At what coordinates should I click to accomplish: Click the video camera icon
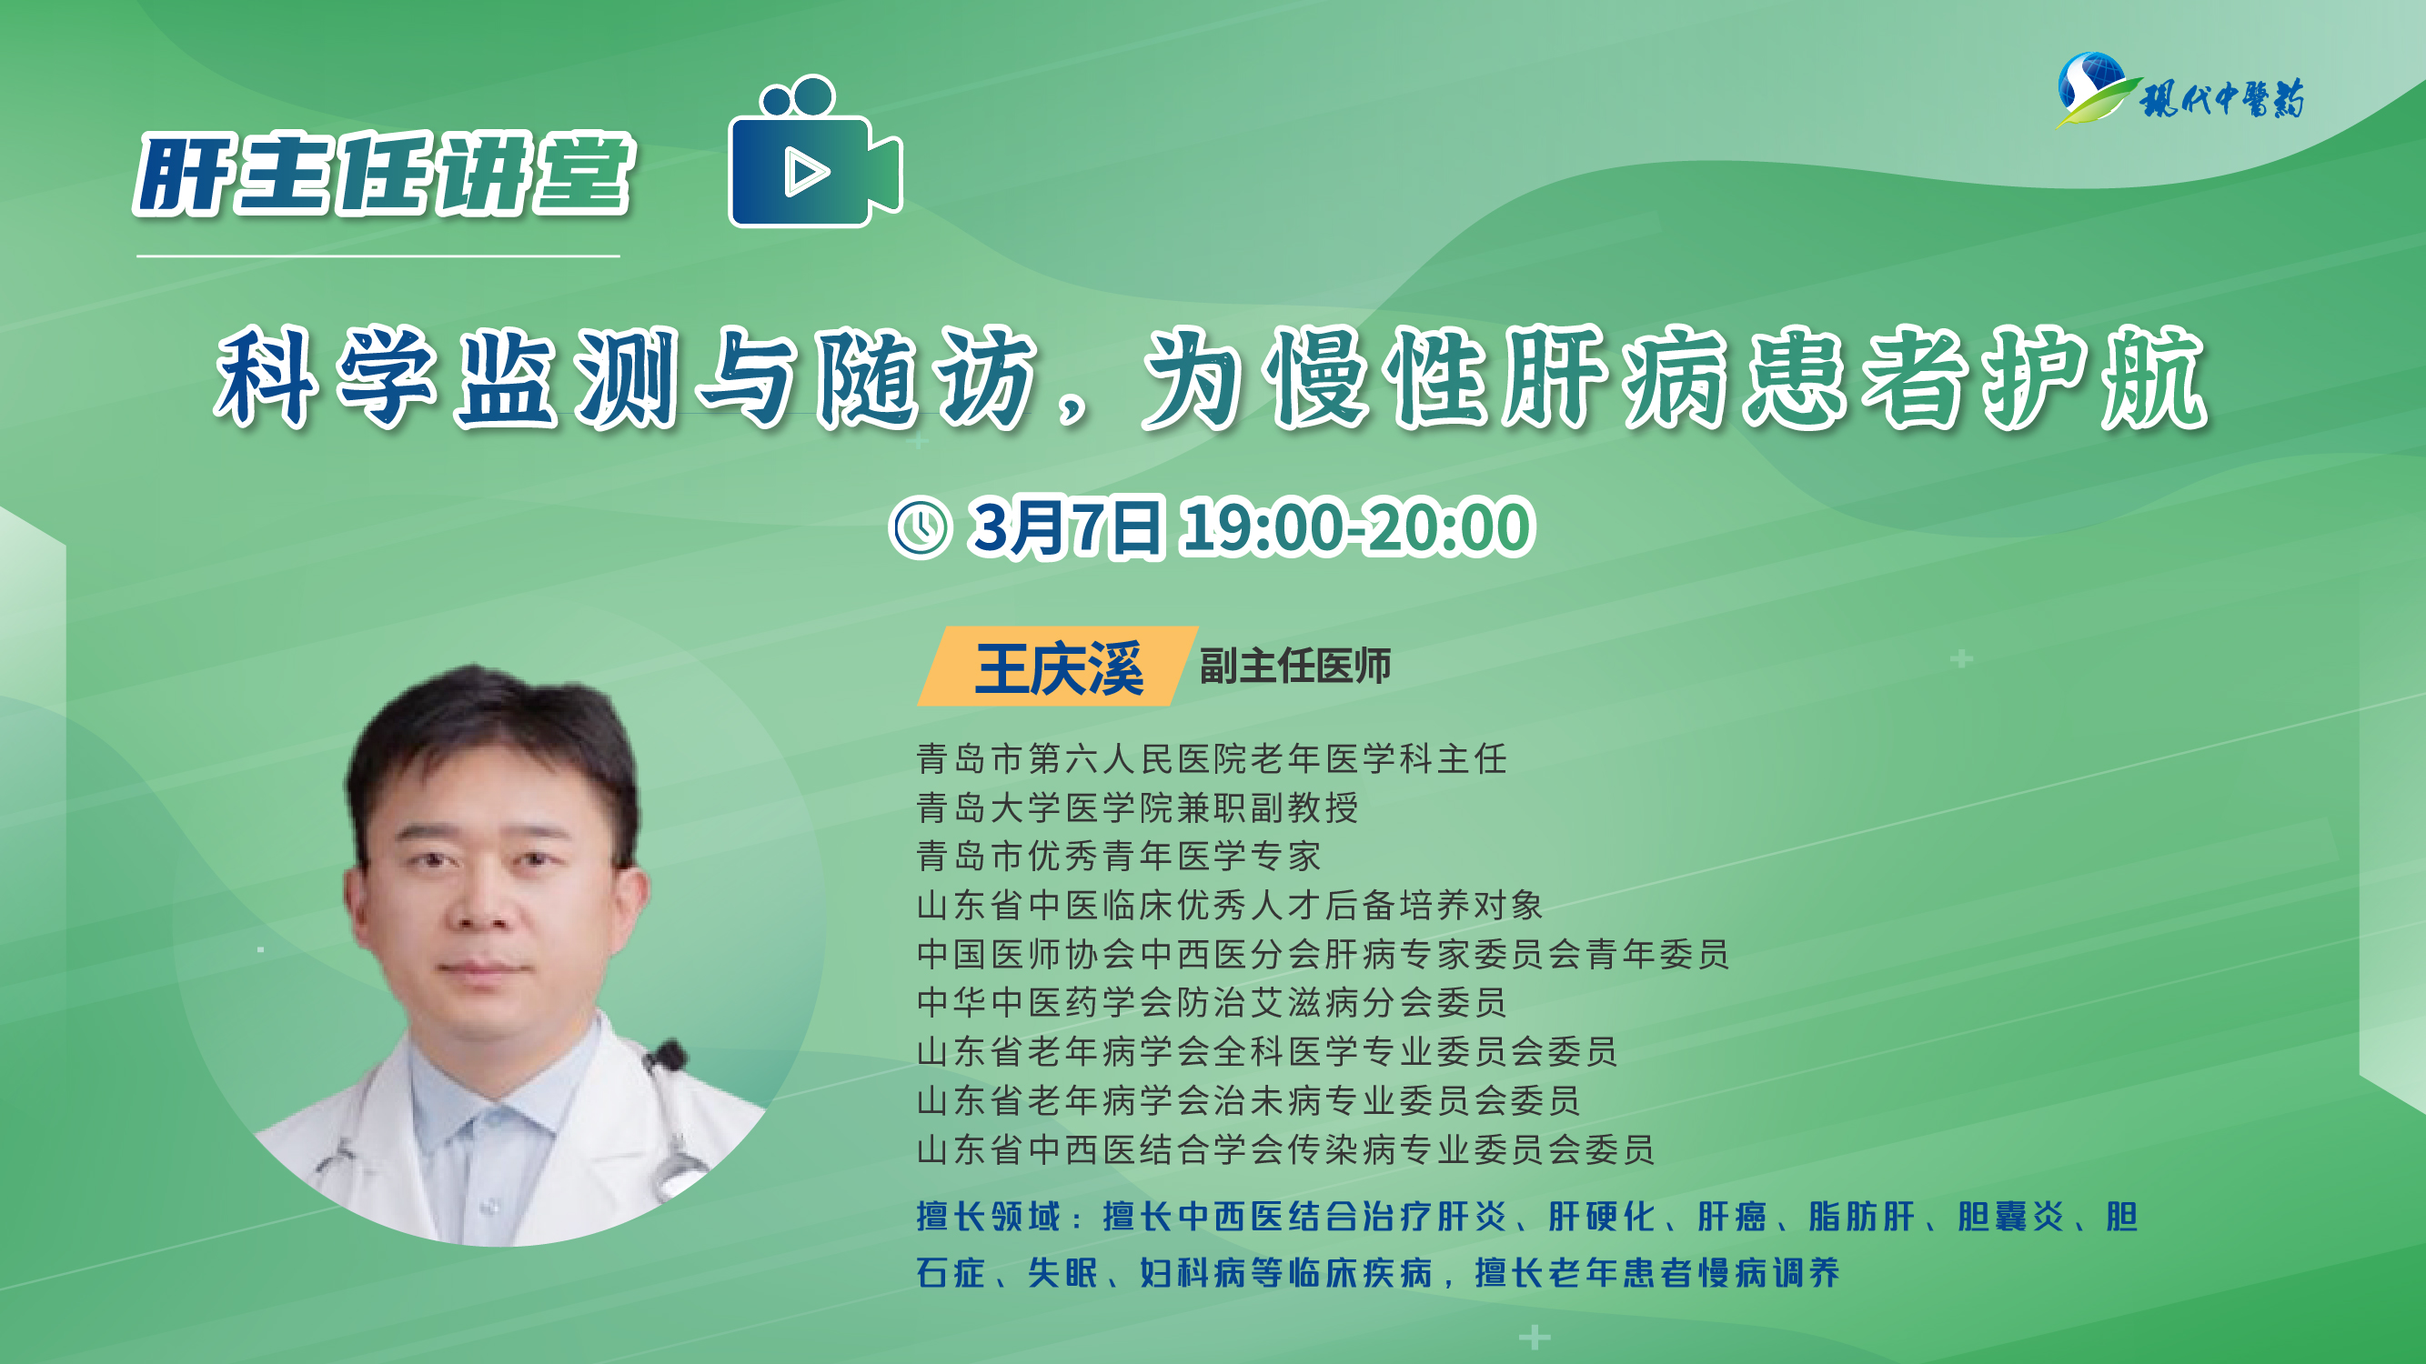(x=816, y=152)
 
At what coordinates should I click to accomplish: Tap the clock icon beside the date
(x=921, y=527)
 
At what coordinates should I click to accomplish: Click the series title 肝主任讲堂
(x=384, y=175)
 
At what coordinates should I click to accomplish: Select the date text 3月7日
(x=1066, y=527)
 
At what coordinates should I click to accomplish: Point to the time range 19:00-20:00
(x=1357, y=527)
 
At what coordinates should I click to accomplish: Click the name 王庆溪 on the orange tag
(x=1059, y=668)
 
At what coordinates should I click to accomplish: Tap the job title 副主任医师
(x=1295, y=667)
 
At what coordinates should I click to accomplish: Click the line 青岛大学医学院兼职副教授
(x=1137, y=807)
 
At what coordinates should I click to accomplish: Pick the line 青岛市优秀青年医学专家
(x=1119, y=856)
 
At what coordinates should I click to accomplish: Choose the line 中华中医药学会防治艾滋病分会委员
(x=1211, y=1002)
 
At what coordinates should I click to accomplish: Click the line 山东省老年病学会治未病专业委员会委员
(x=1248, y=1100)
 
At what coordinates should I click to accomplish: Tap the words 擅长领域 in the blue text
(x=989, y=1216)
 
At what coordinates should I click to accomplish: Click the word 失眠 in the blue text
(x=1063, y=1273)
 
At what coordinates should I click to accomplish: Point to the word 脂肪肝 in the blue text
(x=1862, y=1216)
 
